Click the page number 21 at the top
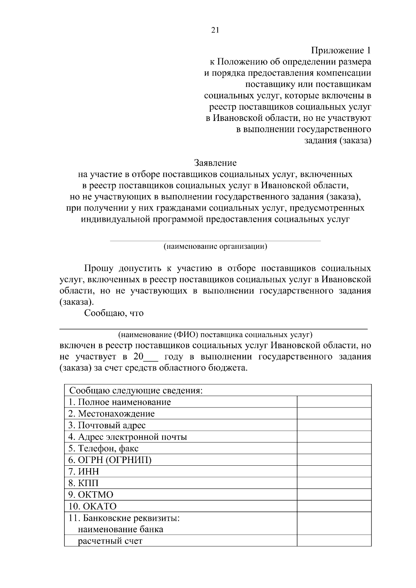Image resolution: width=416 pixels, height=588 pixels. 215,30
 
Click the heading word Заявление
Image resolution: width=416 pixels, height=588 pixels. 215,163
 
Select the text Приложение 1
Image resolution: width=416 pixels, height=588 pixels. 341,51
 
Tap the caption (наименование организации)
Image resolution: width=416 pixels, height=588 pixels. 215,246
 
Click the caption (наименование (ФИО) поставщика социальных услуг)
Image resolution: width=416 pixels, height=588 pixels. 215,335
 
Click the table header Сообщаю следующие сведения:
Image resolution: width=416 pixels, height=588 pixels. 136,390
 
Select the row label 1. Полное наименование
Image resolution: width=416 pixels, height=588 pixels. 120,402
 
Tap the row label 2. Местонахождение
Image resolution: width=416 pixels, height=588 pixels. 111,414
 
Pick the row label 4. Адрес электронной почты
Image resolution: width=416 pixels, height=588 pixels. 128,437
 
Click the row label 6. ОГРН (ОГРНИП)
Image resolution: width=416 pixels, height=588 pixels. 110,460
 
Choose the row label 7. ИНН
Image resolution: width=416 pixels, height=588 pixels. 84,472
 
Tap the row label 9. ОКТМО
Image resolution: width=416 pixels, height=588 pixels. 91,495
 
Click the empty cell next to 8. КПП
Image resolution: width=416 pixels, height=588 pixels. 334,483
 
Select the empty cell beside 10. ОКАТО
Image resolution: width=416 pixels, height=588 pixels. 334,506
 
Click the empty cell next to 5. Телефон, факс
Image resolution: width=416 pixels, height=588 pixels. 334,448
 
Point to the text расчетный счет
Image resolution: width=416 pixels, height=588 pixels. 110,541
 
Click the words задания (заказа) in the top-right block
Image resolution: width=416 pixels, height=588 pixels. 338,141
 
